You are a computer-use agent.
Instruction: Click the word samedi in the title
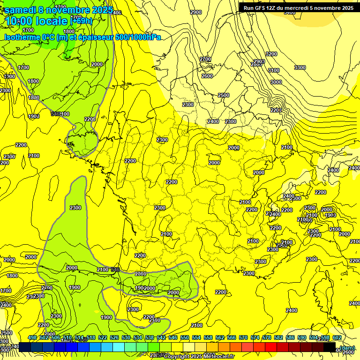[x=21, y=10]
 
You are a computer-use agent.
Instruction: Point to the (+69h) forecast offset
[x=81, y=21]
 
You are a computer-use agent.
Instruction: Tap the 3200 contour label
[x=271, y=54]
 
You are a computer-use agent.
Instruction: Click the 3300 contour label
[x=300, y=67]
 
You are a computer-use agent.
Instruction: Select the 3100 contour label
[x=274, y=70]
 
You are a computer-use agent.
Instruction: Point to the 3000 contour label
[x=276, y=82]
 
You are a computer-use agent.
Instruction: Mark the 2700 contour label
[x=205, y=59]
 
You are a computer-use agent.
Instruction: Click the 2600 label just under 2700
[x=207, y=76]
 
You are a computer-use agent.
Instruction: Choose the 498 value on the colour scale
[x=32, y=338]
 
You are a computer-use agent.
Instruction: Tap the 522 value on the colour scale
[x=103, y=338]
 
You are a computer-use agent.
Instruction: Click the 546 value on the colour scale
[x=173, y=338]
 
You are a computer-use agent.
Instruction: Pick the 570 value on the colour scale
[x=243, y=338]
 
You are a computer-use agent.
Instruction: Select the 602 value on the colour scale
[x=337, y=338]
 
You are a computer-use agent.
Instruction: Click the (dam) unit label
[x=347, y=347]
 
